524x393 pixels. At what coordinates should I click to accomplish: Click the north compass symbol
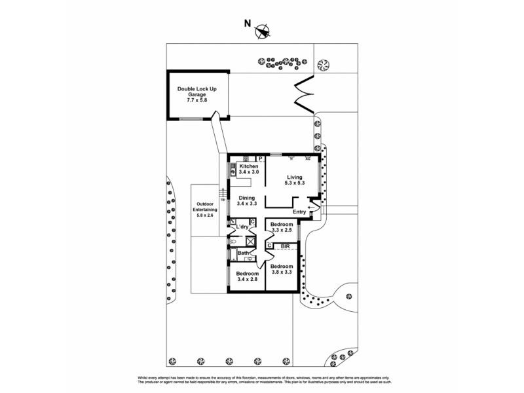click(263, 29)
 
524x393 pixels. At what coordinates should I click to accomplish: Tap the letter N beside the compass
click(247, 23)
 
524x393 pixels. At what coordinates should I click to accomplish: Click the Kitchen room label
click(248, 167)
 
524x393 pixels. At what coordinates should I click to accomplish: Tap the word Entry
click(299, 212)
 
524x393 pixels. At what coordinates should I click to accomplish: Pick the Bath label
click(242, 253)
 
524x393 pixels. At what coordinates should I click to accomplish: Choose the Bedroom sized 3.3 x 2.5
click(281, 227)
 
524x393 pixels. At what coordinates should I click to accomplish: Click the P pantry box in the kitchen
click(260, 158)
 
